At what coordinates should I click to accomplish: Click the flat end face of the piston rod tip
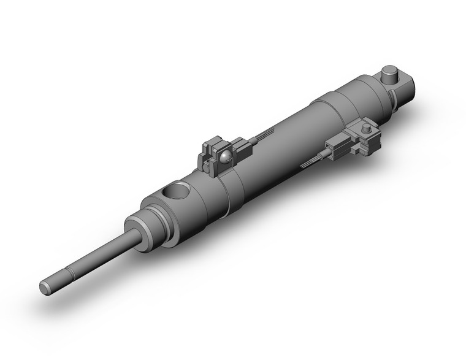[45, 287]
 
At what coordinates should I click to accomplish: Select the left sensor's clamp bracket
[208, 161]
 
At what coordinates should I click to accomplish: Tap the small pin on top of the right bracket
[366, 129]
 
